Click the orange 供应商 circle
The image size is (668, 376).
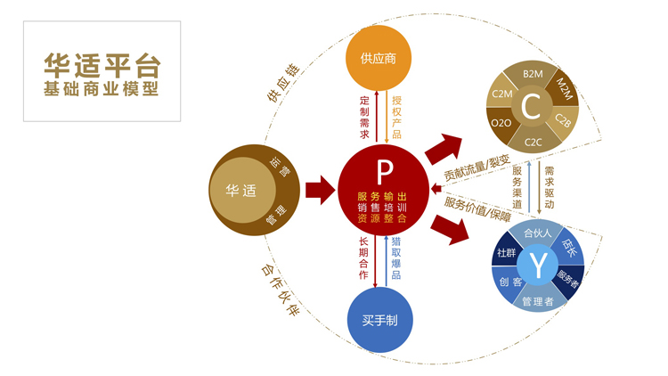point(378,59)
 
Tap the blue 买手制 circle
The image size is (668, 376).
point(379,320)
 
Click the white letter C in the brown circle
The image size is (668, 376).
point(530,108)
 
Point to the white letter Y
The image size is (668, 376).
point(539,265)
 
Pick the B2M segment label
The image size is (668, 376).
point(534,74)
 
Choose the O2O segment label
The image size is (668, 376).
point(501,123)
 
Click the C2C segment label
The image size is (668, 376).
point(533,142)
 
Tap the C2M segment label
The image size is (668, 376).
point(502,92)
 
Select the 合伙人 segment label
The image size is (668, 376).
point(538,233)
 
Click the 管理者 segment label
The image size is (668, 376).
point(538,301)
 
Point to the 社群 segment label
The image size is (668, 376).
point(506,253)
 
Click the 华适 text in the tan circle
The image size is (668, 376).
point(240,190)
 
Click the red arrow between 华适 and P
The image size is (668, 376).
point(318,190)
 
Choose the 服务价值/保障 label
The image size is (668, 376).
point(477,209)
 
